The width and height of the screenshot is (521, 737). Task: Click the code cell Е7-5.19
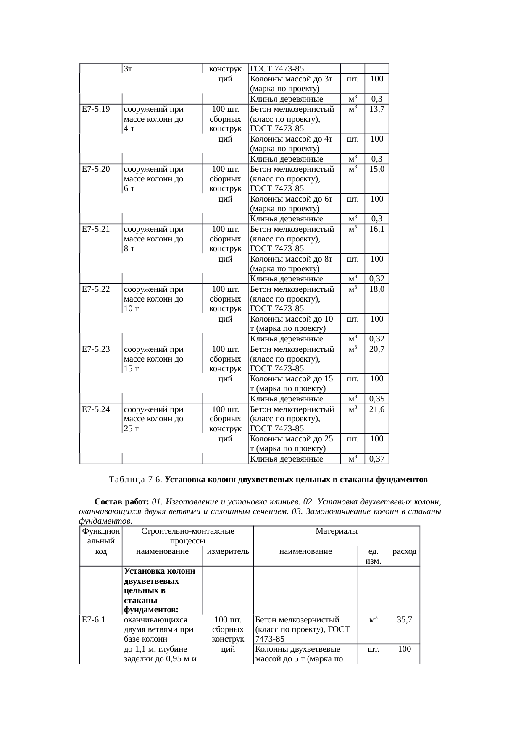pos(96,110)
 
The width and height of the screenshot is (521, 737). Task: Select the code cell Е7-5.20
pos(96,169)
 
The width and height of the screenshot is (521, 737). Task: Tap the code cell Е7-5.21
pos(96,229)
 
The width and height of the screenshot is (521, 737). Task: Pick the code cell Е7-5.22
pos(96,289)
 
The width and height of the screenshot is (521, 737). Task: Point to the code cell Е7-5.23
pos(96,349)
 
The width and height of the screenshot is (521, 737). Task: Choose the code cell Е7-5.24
pos(96,409)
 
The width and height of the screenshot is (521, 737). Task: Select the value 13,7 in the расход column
pos(377,110)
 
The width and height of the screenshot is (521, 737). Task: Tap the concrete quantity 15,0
pos(377,169)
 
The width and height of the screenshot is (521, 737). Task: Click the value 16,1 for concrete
pos(377,229)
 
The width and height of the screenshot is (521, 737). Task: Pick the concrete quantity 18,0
pos(377,289)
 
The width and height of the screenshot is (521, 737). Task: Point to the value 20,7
pos(377,349)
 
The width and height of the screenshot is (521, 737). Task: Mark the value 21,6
pos(377,409)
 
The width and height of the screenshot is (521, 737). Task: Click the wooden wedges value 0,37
pos(377,459)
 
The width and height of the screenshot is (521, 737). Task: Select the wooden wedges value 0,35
pos(377,399)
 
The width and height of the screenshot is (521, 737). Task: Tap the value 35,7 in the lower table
pos(404,619)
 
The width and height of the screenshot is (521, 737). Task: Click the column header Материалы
pos(336,532)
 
